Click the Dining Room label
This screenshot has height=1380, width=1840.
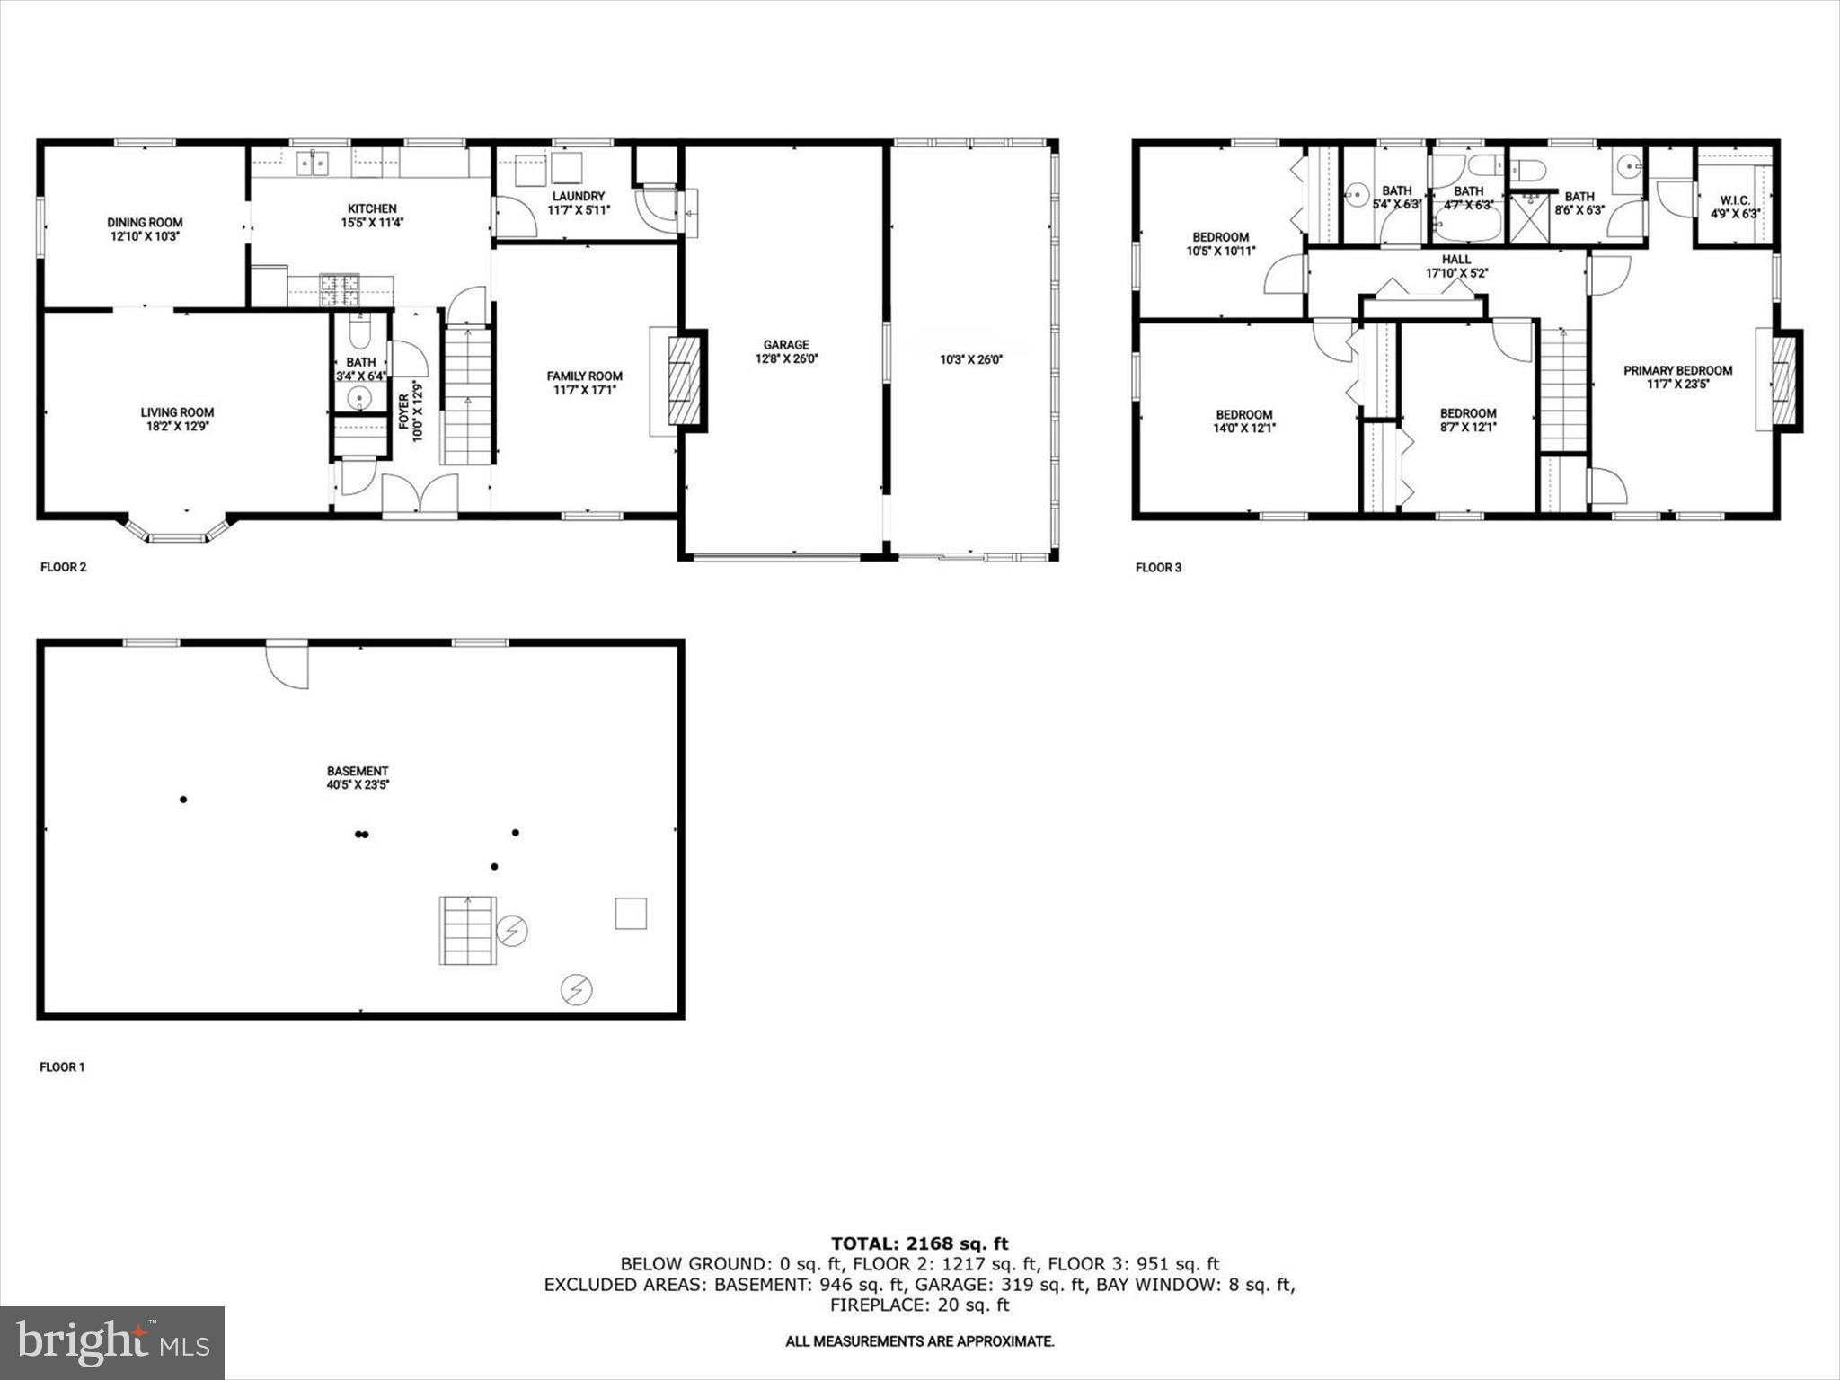(145, 222)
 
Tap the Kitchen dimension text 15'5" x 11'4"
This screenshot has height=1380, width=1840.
(372, 223)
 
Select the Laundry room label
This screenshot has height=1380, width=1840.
(579, 196)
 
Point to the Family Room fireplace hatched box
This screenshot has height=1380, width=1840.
(686, 380)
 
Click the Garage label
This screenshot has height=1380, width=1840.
(786, 344)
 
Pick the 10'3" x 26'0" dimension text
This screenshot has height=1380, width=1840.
(971, 359)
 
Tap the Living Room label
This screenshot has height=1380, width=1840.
(177, 412)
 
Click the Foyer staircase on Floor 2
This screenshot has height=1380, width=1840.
(467, 395)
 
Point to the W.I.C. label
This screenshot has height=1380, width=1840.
(1735, 200)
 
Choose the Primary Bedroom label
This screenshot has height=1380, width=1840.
(1677, 370)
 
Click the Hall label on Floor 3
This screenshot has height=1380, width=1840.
(1456, 259)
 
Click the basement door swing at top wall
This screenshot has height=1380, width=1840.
(288, 665)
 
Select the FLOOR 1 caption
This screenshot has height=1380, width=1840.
(62, 1067)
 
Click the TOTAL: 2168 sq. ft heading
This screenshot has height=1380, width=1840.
(919, 1243)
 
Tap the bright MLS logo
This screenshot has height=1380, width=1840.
(112, 1343)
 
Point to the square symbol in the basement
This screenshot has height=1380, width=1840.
(631, 914)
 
